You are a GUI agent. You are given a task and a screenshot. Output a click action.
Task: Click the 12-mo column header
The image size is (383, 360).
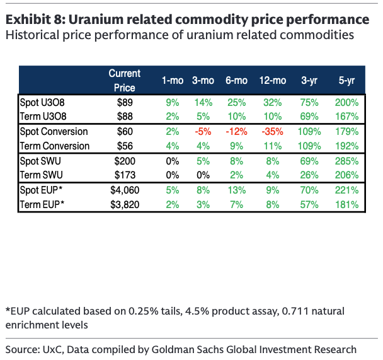272,80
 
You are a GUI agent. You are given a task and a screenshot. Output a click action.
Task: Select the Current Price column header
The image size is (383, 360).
125,80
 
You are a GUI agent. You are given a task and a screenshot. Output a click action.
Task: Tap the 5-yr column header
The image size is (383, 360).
346,80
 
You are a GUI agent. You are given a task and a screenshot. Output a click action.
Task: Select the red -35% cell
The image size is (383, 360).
272,131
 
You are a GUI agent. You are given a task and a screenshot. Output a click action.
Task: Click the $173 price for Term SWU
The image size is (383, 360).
125,175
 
